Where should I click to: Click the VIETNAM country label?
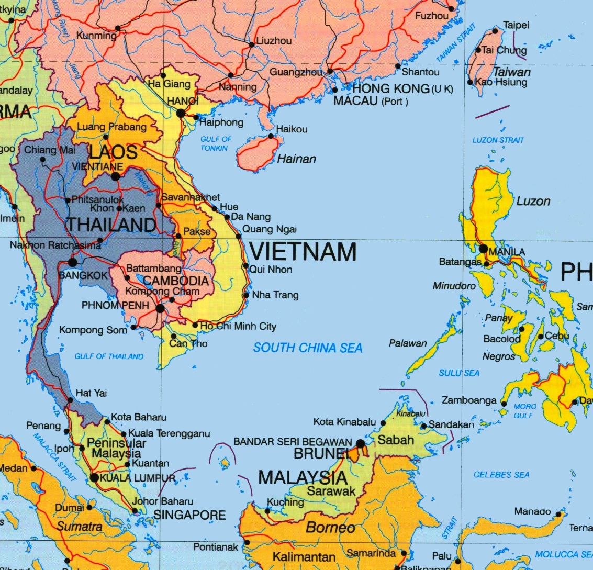(303, 252)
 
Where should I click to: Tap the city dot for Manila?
(483, 249)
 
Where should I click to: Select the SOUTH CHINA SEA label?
(308, 348)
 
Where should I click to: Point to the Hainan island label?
(296, 159)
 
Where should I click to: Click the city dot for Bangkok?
(72, 263)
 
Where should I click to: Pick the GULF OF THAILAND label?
(109, 356)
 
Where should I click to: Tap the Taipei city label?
(516, 25)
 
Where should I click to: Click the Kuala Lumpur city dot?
(94, 477)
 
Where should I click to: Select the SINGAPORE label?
(189, 515)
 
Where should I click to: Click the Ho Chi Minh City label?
(239, 326)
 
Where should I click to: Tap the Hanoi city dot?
(181, 113)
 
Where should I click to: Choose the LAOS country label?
(113, 152)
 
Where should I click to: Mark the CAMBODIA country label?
(176, 281)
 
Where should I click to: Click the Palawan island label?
(408, 343)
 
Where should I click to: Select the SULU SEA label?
(459, 373)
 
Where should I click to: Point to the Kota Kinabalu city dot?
(383, 423)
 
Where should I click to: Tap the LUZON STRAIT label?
(498, 140)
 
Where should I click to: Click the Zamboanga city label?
(469, 400)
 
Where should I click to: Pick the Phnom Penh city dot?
(160, 309)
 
